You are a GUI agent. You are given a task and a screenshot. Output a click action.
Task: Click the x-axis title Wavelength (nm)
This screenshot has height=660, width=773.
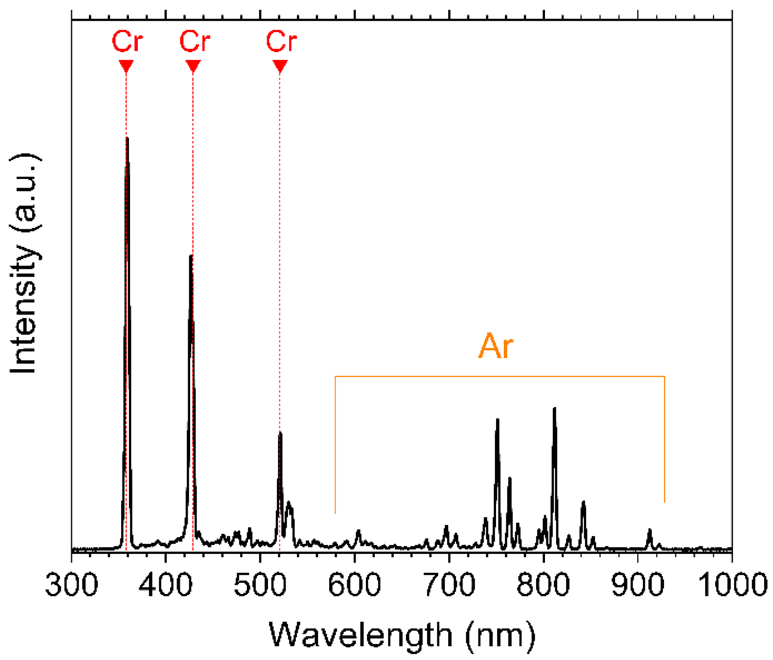402,635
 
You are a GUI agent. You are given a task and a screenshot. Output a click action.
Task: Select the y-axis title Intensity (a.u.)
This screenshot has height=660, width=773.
25,264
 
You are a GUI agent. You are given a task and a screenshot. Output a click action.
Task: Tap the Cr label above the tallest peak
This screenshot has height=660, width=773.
127,42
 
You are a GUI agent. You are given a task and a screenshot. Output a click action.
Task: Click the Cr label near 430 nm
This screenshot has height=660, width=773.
195,42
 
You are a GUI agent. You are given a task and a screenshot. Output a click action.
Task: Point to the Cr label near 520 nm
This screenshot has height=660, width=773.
281,42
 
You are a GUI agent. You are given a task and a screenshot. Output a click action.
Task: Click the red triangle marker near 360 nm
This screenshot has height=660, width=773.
126,66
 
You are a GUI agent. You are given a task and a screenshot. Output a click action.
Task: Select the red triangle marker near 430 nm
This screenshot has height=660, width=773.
193,66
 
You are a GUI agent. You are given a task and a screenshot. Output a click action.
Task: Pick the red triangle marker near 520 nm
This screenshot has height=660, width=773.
280,66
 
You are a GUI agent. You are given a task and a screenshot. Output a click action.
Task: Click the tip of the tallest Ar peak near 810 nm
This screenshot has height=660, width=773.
554,408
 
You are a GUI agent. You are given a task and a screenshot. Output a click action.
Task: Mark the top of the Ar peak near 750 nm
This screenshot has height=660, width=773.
498,420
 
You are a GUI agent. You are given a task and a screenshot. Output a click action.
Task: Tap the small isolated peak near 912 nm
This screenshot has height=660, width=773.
650,530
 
